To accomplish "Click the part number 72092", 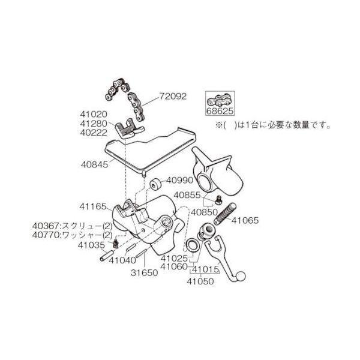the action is [x=173, y=97].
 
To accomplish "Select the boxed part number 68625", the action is [x=220, y=111].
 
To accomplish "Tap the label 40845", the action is [x=94, y=164].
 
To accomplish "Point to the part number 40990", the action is [x=180, y=181].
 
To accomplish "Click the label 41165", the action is [x=93, y=206].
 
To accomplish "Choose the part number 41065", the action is [x=245, y=220].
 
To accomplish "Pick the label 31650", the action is [x=145, y=273].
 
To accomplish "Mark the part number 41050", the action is [x=200, y=281].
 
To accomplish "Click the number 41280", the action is [x=94, y=124].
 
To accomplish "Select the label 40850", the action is [x=205, y=212].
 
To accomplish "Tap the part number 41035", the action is [x=91, y=245].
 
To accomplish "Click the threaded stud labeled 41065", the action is [x=225, y=214].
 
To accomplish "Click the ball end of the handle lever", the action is [x=241, y=276].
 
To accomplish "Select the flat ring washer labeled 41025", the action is [x=192, y=245].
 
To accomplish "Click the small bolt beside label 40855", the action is [x=219, y=199].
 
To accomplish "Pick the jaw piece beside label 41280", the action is [x=128, y=129].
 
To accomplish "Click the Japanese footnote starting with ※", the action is [x=273, y=126].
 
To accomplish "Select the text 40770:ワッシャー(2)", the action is [x=73, y=236].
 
